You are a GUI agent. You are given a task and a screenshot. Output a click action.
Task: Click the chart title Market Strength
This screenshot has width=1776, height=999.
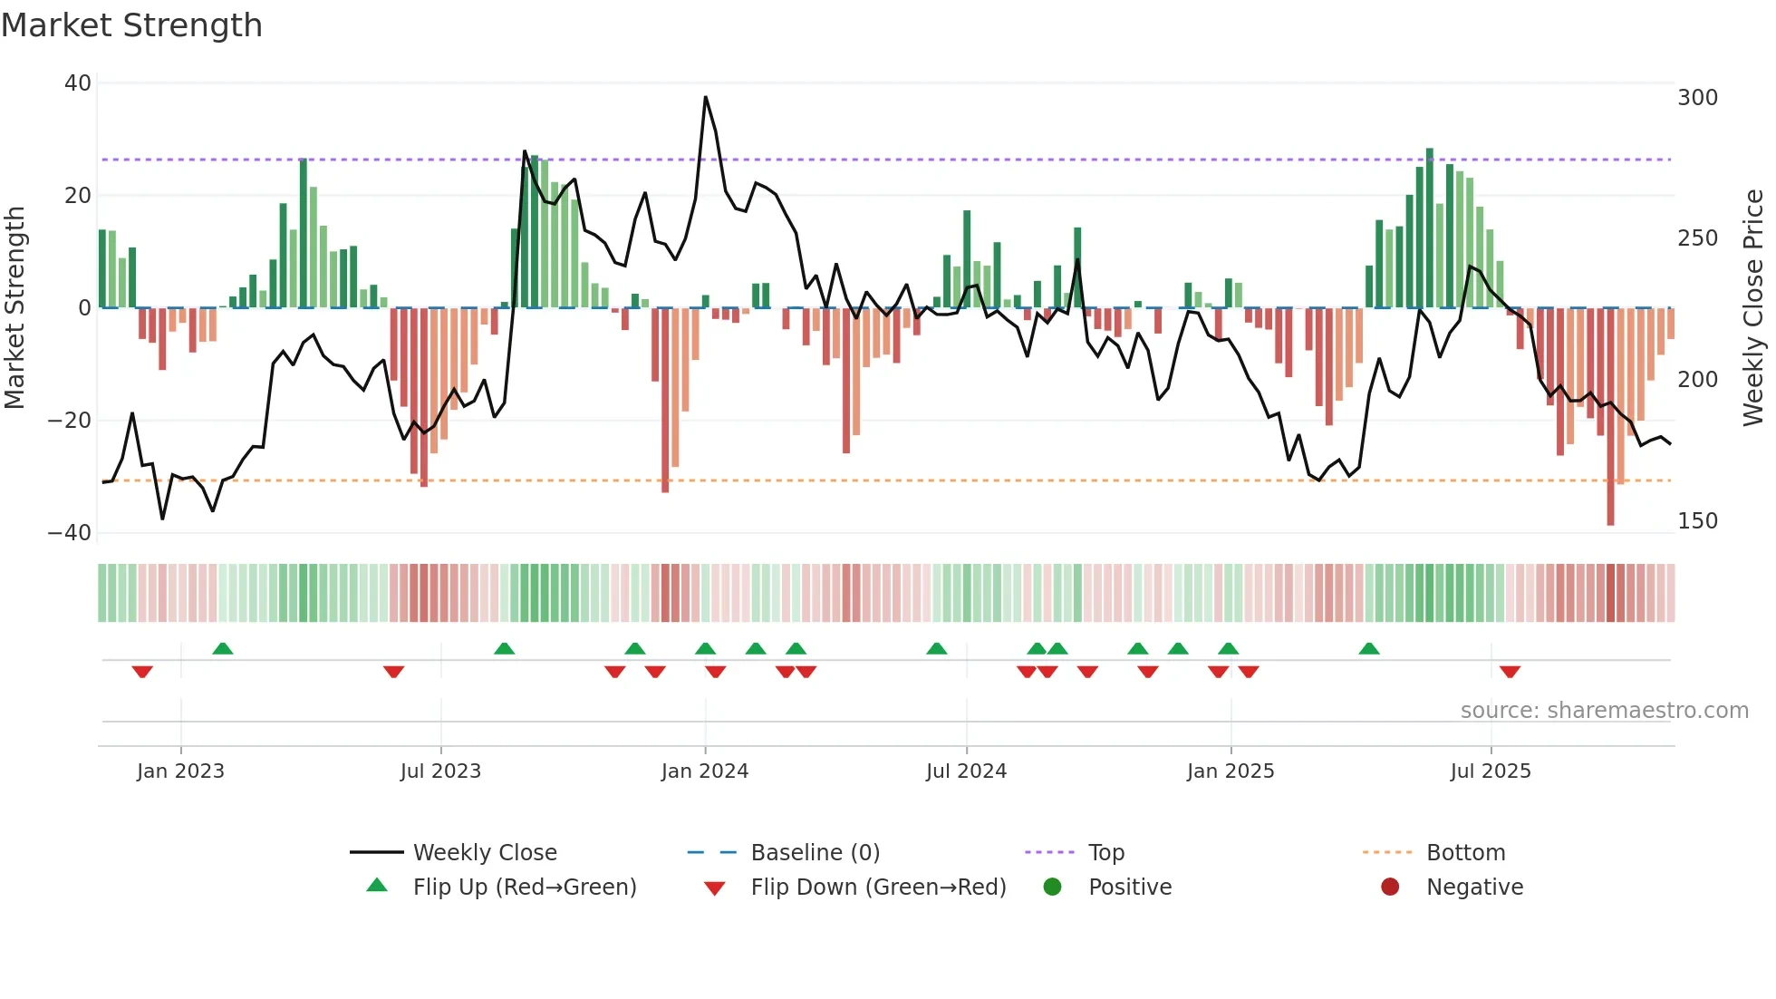[x=131, y=25]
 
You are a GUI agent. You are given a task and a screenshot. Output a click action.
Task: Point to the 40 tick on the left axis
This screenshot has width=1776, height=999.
[x=78, y=83]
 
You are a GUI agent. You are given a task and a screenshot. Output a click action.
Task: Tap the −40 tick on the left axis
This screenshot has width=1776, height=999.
[x=70, y=533]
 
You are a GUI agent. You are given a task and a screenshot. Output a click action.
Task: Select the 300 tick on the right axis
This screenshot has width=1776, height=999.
[x=1697, y=98]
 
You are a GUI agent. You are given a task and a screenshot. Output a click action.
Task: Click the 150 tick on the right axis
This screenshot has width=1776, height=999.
[x=1697, y=521]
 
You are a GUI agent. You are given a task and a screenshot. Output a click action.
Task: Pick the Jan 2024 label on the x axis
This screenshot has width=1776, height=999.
[x=704, y=771]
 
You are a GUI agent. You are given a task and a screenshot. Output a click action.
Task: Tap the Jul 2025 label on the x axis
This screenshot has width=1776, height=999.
[x=1490, y=771]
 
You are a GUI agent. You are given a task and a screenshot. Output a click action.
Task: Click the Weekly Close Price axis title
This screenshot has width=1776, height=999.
[x=1753, y=308]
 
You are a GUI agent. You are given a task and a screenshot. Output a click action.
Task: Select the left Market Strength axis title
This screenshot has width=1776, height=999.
[x=14, y=308]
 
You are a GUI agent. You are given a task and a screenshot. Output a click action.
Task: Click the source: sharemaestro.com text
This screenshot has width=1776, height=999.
[x=1604, y=711]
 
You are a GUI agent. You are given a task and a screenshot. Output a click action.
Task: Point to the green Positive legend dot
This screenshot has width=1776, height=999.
[x=1052, y=887]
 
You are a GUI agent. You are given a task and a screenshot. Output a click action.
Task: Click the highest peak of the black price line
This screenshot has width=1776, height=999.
[x=705, y=97]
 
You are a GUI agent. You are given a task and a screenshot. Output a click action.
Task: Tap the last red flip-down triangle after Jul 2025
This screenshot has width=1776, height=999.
[x=1510, y=672]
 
